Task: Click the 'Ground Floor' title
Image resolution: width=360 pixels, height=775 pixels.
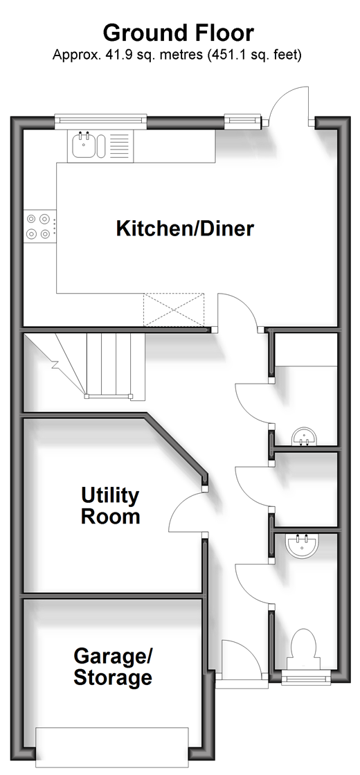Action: [179, 33]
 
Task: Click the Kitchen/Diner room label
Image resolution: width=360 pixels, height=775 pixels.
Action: [185, 229]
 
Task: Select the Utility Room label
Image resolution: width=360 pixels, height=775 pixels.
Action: [110, 506]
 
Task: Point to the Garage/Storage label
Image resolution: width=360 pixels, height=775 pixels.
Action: [113, 667]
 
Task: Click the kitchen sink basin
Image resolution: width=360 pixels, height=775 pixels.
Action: [84, 145]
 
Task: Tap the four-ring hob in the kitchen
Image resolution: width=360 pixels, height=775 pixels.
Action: [39, 225]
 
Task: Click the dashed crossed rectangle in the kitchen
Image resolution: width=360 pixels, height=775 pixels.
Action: [174, 310]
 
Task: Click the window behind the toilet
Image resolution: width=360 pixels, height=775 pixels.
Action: [305, 677]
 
